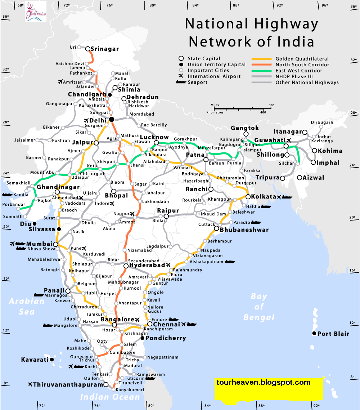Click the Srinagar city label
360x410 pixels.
(104, 49)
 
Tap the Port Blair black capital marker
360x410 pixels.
(314, 334)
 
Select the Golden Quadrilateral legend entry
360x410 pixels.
(302, 59)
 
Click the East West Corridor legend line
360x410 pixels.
(262, 71)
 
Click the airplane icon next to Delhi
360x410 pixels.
(86, 120)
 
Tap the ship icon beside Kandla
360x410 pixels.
(8, 195)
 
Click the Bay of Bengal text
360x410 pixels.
(259, 307)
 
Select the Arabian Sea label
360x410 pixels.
(27, 306)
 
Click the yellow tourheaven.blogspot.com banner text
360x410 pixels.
(264, 383)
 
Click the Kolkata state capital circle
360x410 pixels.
(248, 197)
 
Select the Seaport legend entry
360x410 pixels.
(197, 83)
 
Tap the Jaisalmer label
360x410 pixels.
(25, 140)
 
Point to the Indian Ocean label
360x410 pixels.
(109, 397)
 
